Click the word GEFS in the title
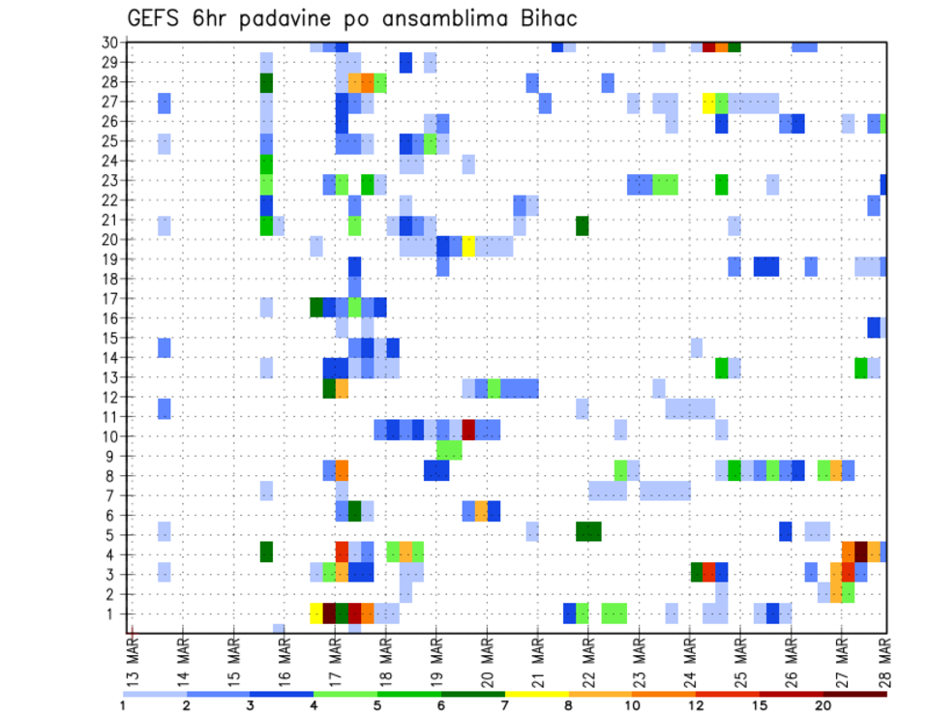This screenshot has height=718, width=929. tap(156, 19)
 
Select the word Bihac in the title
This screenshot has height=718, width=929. tap(551, 19)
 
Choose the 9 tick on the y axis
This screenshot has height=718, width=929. tap(113, 456)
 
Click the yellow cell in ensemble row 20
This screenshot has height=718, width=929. tap(468, 246)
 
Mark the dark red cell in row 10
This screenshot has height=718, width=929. tap(468, 428)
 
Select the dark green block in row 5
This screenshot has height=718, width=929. tap(588, 531)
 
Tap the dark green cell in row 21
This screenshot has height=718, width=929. tap(582, 225)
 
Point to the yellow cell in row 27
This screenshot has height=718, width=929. tap(708, 103)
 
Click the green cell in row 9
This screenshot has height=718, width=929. tap(449, 449)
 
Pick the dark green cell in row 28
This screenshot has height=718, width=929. tap(266, 83)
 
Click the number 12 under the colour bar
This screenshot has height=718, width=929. tap(696, 705)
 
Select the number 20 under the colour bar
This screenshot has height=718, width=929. tap(823, 705)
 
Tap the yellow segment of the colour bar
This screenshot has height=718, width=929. tap(537, 693)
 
